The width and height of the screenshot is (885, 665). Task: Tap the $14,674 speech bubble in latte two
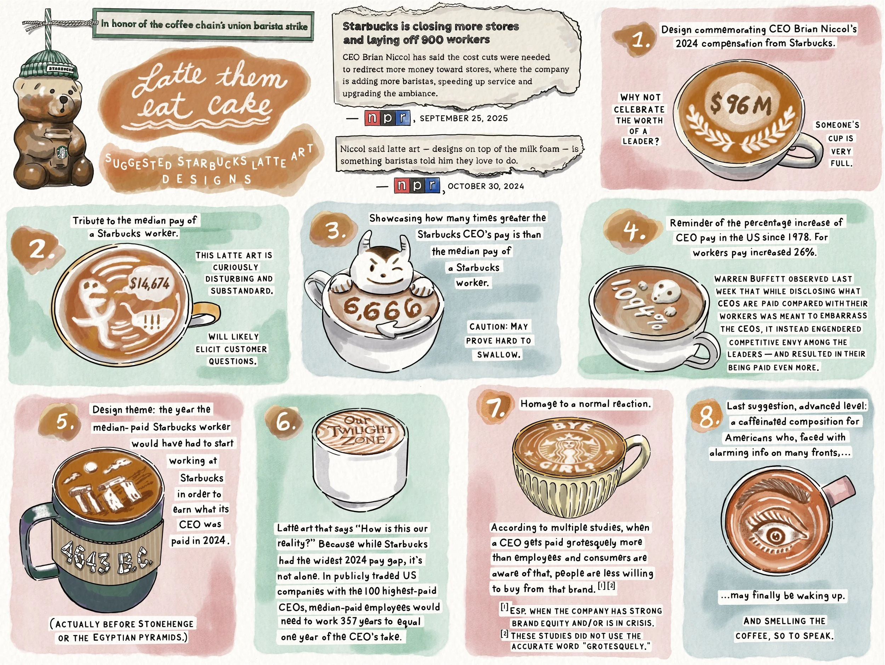tap(149, 284)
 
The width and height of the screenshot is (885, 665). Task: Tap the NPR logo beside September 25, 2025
tap(387, 118)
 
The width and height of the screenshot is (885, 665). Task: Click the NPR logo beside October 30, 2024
tap(417, 185)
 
